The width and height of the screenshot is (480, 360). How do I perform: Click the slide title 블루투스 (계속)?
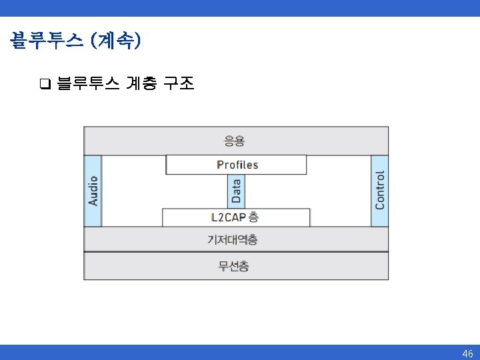pyautogui.click(x=75, y=41)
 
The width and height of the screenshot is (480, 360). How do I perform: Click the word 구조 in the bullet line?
pyautogui.click(x=179, y=84)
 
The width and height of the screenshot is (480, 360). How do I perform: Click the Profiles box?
pyautogui.click(x=236, y=165)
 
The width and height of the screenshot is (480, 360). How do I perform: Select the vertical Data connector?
pyautogui.click(x=236, y=191)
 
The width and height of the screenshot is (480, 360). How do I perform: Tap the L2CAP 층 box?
pyautogui.click(x=236, y=217)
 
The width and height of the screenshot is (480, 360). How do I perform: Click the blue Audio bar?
pyautogui.click(x=93, y=191)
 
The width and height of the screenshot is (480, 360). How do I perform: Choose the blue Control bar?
pyautogui.click(x=379, y=191)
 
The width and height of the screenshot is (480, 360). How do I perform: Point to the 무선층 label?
pyautogui.click(x=234, y=266)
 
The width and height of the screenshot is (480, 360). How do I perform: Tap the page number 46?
pyautogui.click(x=467, y=353)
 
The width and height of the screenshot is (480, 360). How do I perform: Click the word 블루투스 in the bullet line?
pyautogui.click(x=88, y=84)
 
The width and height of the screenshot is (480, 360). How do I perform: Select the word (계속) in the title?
pyautogui.click(x=118, y=41)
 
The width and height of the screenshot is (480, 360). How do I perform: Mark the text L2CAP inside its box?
pyautogui.click(x=228, y=217)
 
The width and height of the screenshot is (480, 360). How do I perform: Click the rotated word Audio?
pyautogui.click(x=93, y=191)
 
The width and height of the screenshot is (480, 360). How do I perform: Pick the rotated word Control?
pyautogui.click(x=380, y=191)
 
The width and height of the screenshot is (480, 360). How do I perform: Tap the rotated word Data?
pyautogui.click(x=236, y=191)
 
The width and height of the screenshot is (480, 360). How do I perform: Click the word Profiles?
pyautogui.click(x=237, y=165)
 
